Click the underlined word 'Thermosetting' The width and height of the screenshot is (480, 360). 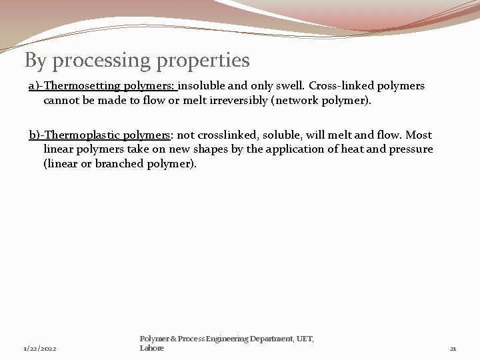(x=82, y=86)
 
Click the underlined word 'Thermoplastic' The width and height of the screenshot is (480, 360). (x=83, y=135)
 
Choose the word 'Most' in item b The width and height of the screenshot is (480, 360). (x=419, y=135)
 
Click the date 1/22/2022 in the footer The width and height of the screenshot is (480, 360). (x=40, y=349)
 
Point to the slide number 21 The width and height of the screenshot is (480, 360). (x=453, y=349)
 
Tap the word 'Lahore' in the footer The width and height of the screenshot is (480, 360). (x=152, y=348)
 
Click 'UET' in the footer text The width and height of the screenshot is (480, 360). (x=305, y=339)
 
